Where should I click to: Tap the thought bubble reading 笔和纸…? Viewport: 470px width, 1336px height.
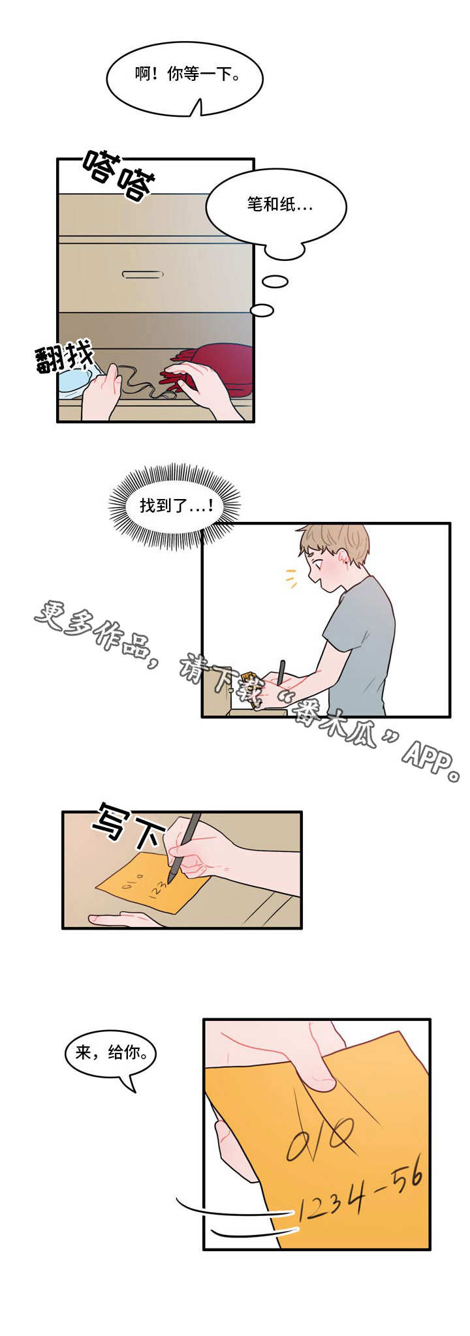276,206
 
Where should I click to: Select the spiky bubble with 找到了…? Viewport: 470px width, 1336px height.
175,506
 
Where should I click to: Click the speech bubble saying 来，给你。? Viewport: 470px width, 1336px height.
110,1052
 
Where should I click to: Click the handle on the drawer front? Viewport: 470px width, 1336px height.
142,275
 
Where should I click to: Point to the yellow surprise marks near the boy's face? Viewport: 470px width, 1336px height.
291,578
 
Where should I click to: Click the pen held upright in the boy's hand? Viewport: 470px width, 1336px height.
281,673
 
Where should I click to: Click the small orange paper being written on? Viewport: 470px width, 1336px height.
147,884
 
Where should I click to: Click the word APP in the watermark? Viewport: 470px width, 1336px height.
428,759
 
